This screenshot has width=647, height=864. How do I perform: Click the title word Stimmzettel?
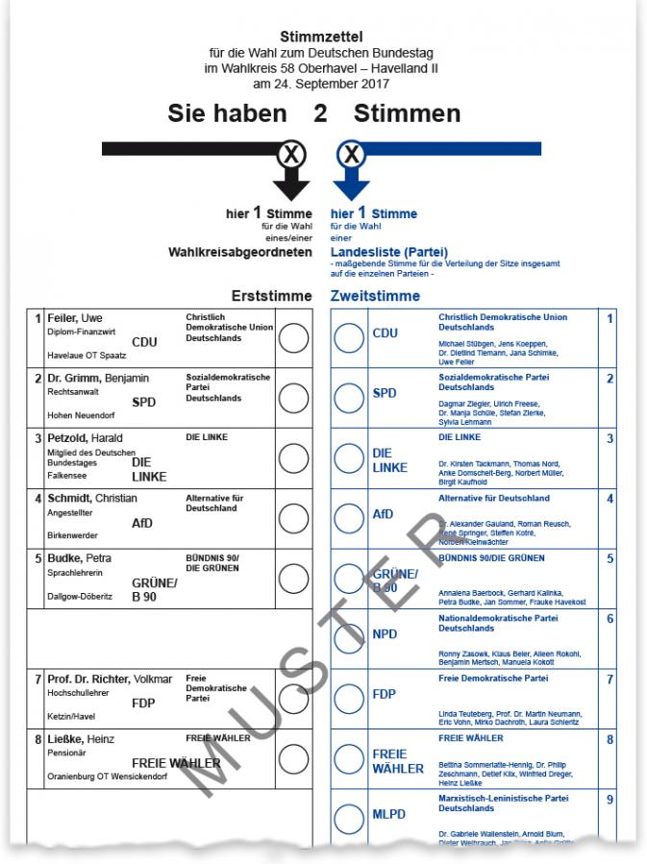[x=323, y=37]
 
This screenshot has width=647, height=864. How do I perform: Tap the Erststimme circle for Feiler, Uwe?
[x=292, y=336]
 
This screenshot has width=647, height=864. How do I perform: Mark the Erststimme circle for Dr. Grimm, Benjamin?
[x=292, y=397]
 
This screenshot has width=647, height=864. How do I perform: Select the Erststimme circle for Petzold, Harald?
[x=292, y=457]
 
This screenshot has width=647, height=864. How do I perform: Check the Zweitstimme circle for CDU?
[x=347, y=336]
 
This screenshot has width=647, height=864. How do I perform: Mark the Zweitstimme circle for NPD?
[x=347, y=635]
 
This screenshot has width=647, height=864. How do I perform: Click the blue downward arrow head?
[x=351, y=185]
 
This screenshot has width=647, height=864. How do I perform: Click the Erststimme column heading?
[x=271, y=296]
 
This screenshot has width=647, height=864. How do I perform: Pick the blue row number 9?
[x=610, y=798]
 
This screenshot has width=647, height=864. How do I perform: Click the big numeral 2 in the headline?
[x=320, y=113]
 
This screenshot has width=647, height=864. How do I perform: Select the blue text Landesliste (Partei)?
[x=375, y=253]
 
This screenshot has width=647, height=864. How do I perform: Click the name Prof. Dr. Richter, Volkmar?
[x=111, y=679]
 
